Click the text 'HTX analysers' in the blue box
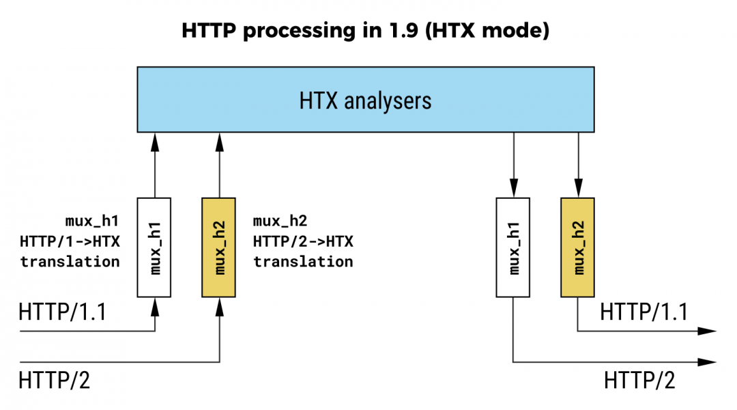point(365,101)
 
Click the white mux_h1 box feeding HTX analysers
point(154,247)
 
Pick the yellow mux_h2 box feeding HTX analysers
point(219,247)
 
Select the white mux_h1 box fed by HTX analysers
point(512,247)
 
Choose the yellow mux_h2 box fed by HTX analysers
point(577,247)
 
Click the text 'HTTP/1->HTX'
point(70,241)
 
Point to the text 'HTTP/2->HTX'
point(303,241)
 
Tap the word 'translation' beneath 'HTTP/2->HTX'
point(303,261)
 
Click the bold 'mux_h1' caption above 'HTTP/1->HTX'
point(92,221)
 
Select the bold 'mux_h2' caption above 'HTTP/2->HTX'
point(280,221)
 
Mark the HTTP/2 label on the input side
point(54,380)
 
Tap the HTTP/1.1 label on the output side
point(644,312)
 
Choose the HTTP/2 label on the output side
point(639,380)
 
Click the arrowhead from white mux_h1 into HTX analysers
point(154,141)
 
